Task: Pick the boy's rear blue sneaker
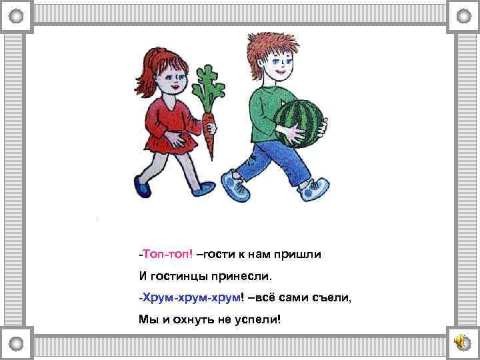pyautogui.click(x=234, y=185)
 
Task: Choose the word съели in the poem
pyautogui.click(x=331, y=297)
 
